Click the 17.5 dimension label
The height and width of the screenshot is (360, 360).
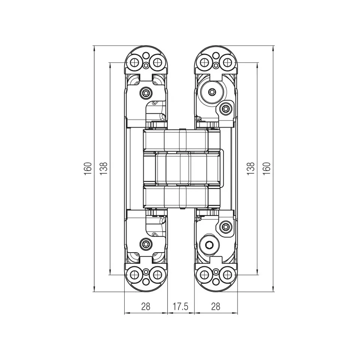click(180, 306)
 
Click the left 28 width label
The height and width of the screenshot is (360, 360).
click(146, 306)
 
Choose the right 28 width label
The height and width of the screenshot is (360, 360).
click(216, 306)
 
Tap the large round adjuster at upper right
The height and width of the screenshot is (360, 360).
click(212, 92)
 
